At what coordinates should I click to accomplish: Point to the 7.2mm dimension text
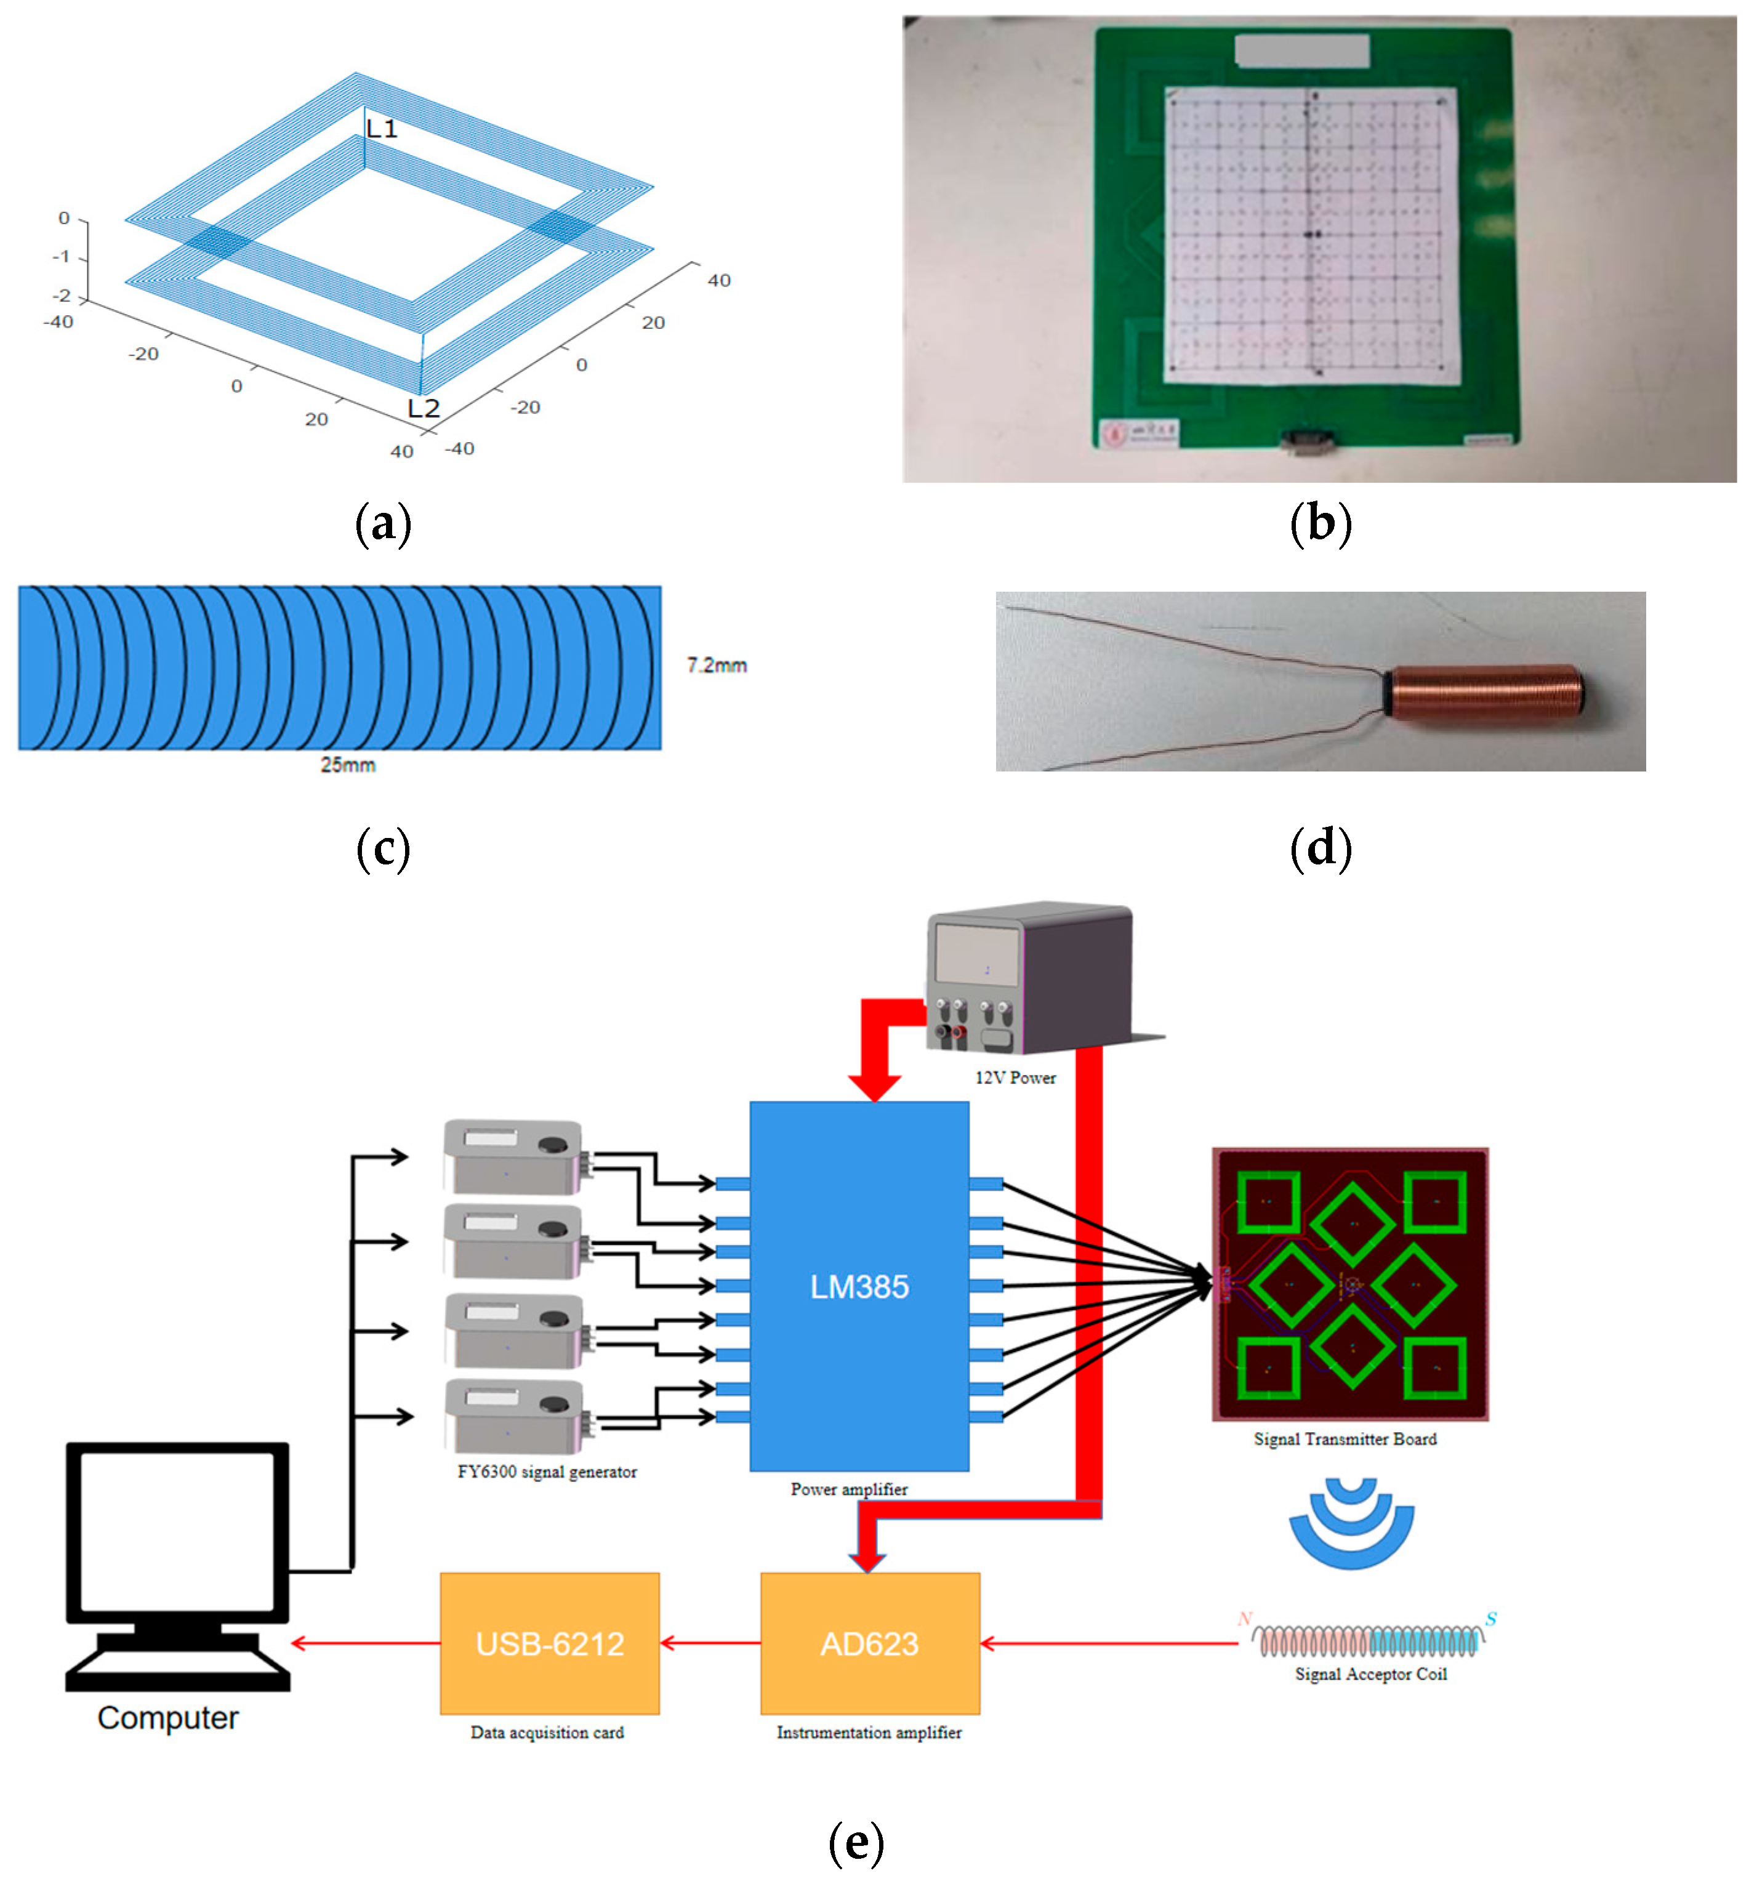click(716, 665)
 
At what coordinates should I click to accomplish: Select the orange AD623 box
click(869, 1643)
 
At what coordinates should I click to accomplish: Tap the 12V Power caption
click(1015, 1077)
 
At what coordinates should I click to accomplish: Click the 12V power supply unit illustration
click(1031, 980)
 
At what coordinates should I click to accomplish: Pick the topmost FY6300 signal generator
click(513, 1156)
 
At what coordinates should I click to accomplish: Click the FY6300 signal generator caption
click(547, 1472)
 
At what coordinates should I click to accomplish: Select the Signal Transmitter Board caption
click(1345, 1439)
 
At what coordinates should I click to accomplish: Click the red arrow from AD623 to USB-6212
click(710, 1643)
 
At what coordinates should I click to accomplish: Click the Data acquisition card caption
click(547, 1733)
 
